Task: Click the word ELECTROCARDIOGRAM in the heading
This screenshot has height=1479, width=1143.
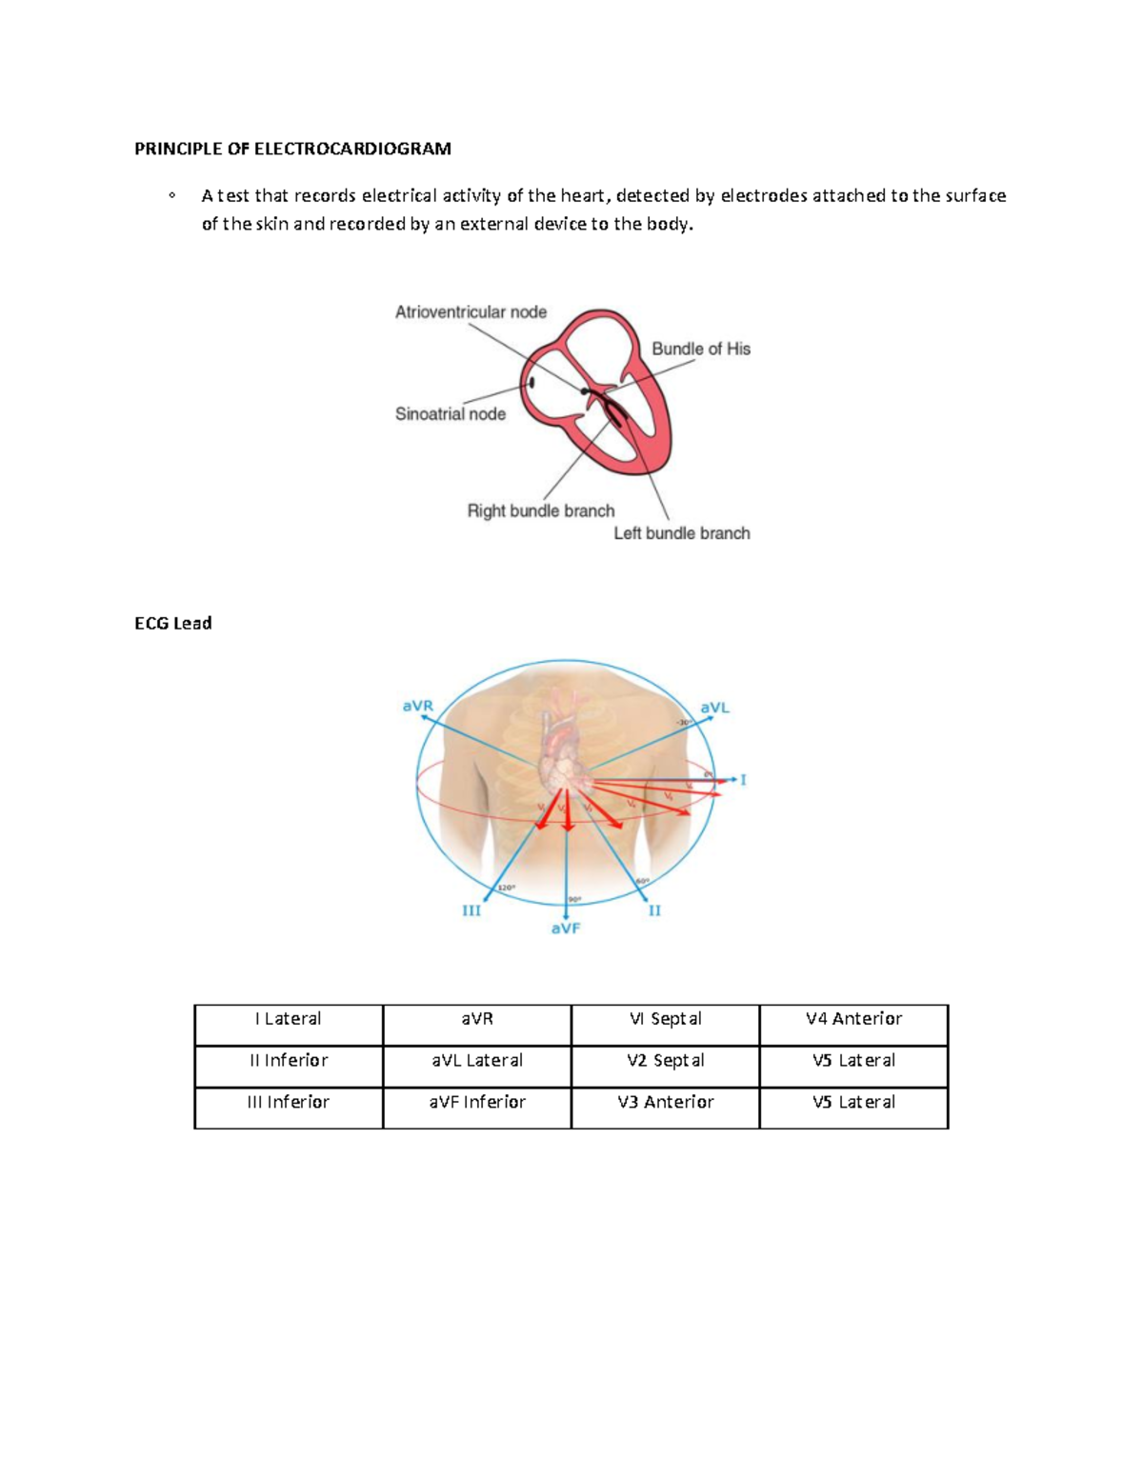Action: coord(351,149)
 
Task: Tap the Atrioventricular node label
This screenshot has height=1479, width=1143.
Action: coord(471,312)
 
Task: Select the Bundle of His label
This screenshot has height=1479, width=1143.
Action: coord(701,350)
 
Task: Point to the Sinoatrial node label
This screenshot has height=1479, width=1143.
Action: coord(450,414)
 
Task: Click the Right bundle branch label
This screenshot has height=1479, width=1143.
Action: coord(540,511)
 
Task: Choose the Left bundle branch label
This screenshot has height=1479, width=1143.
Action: coord(681,533)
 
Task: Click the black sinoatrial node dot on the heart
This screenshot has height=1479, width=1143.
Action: coord(531,383)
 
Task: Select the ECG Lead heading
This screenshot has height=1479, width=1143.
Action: coord(172,624)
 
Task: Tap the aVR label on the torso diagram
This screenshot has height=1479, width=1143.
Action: coord(417,707)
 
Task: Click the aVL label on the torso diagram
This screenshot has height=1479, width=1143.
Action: coord(714,708)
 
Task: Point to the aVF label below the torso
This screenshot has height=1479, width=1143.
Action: coord(566,929)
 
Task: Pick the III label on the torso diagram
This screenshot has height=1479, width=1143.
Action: coord(471,911)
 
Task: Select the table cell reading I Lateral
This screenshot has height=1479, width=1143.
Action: coord(289,1019)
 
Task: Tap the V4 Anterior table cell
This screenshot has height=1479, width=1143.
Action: coord(853,1019)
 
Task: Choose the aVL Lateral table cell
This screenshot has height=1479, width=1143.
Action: coord(477,1061)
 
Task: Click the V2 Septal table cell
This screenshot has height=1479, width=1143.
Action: coord(666,1061)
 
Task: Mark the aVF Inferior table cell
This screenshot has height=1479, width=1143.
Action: coord(477,1103)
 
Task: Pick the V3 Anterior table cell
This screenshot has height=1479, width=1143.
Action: coord(666,1103)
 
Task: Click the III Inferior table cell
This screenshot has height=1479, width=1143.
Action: coord(289,1103)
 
